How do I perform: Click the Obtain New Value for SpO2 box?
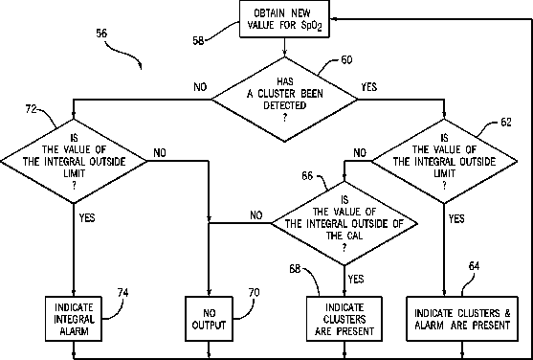[284, 19]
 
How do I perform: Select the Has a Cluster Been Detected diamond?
[284, 99]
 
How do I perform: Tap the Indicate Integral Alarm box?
[74, 319]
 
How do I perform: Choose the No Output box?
[209, 319]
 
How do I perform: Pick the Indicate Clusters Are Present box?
[344, 319]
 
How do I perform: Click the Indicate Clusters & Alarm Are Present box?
[462, 319]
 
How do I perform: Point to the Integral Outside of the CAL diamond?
[344, 223]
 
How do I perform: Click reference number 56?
[101, 34]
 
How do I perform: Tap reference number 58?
[198, 40]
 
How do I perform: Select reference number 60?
[346, 60]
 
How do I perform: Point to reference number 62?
[506, 123]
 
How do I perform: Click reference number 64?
[474, 266]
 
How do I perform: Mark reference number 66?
[307, 176]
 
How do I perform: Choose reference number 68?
[295, 269]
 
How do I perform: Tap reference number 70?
[254, 293]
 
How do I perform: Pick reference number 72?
[31, 109]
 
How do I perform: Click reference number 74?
[122, 293]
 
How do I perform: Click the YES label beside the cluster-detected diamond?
[369, 87]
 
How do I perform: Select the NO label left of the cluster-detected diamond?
[200, 87]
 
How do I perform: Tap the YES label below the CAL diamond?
[356, 279]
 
